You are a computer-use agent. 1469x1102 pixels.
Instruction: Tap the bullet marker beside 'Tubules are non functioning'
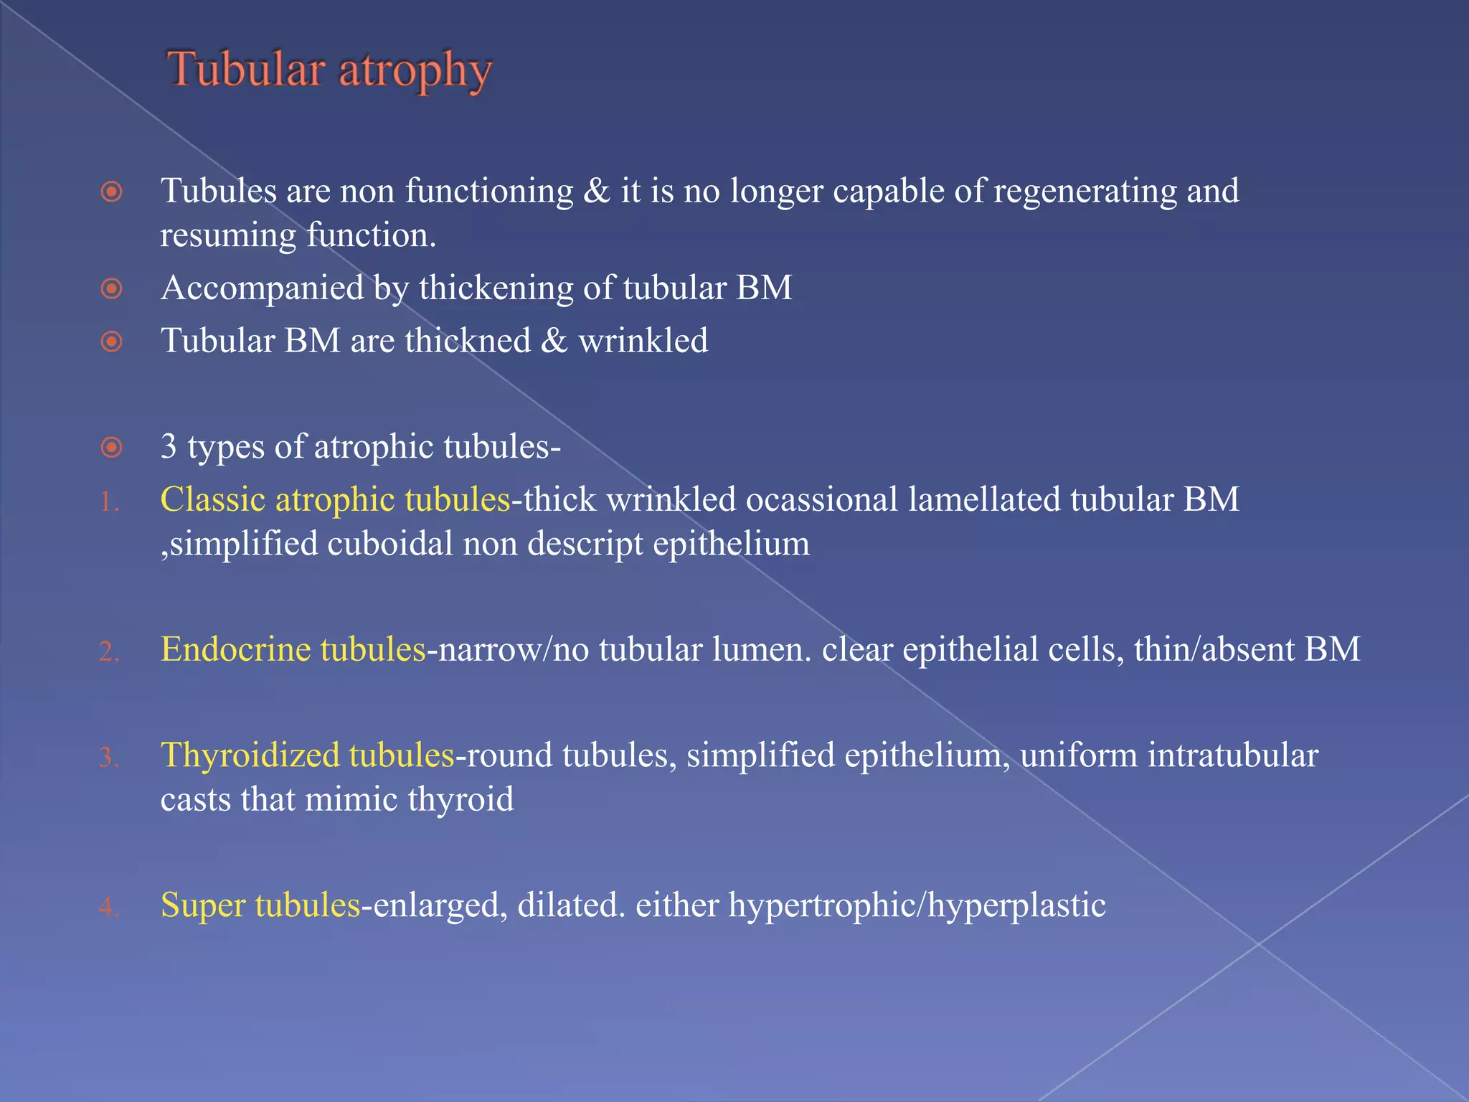click(x=111, y=192)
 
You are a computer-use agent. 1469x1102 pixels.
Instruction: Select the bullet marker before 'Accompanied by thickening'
click(x=111, y=288)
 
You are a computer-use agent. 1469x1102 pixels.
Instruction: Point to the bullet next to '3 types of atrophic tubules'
click(x=111, y=448)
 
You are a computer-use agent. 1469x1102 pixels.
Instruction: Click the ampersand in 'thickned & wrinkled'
click(x=554, y=341)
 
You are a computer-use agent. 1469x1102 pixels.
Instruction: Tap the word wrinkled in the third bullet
click(x=643, y=341)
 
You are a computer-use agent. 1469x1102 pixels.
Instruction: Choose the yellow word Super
click(x=203, y=905)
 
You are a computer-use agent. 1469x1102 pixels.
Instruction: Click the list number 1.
click(x=108, y=502)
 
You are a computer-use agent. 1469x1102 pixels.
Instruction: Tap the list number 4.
click(x=108, y=908)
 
